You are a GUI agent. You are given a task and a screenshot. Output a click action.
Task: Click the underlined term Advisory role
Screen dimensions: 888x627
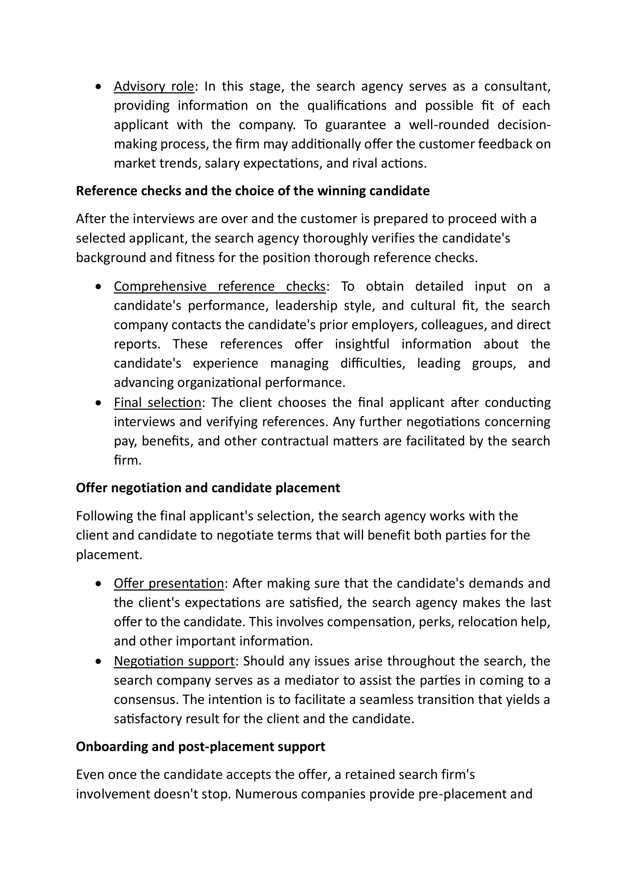pyautogui.click(x=154, y=86)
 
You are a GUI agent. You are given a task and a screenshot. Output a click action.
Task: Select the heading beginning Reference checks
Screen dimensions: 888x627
pyautogui.click(x=253, y=191)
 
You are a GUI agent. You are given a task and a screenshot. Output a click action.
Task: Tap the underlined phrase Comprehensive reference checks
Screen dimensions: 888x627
pyautogui.click(x=220, y=286)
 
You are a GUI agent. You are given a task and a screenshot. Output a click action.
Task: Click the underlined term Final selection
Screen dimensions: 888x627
pyautogui.click(x=157, y=402)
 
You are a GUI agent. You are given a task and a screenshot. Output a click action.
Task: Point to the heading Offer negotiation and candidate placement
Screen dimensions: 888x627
pyautogui.click(x=208, y=488)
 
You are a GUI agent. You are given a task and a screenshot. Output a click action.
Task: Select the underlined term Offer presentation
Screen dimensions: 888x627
pyautogui.click(x=169, y=583)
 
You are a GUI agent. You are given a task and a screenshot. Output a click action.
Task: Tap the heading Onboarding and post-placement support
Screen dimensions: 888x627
pyautogui.click(x=201, y=746)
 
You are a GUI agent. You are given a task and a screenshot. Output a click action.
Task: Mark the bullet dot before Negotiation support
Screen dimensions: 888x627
pyautogui.click(x=99, y=661)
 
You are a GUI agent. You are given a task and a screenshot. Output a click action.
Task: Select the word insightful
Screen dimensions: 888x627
pyautogui.click(x=362, y=344)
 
